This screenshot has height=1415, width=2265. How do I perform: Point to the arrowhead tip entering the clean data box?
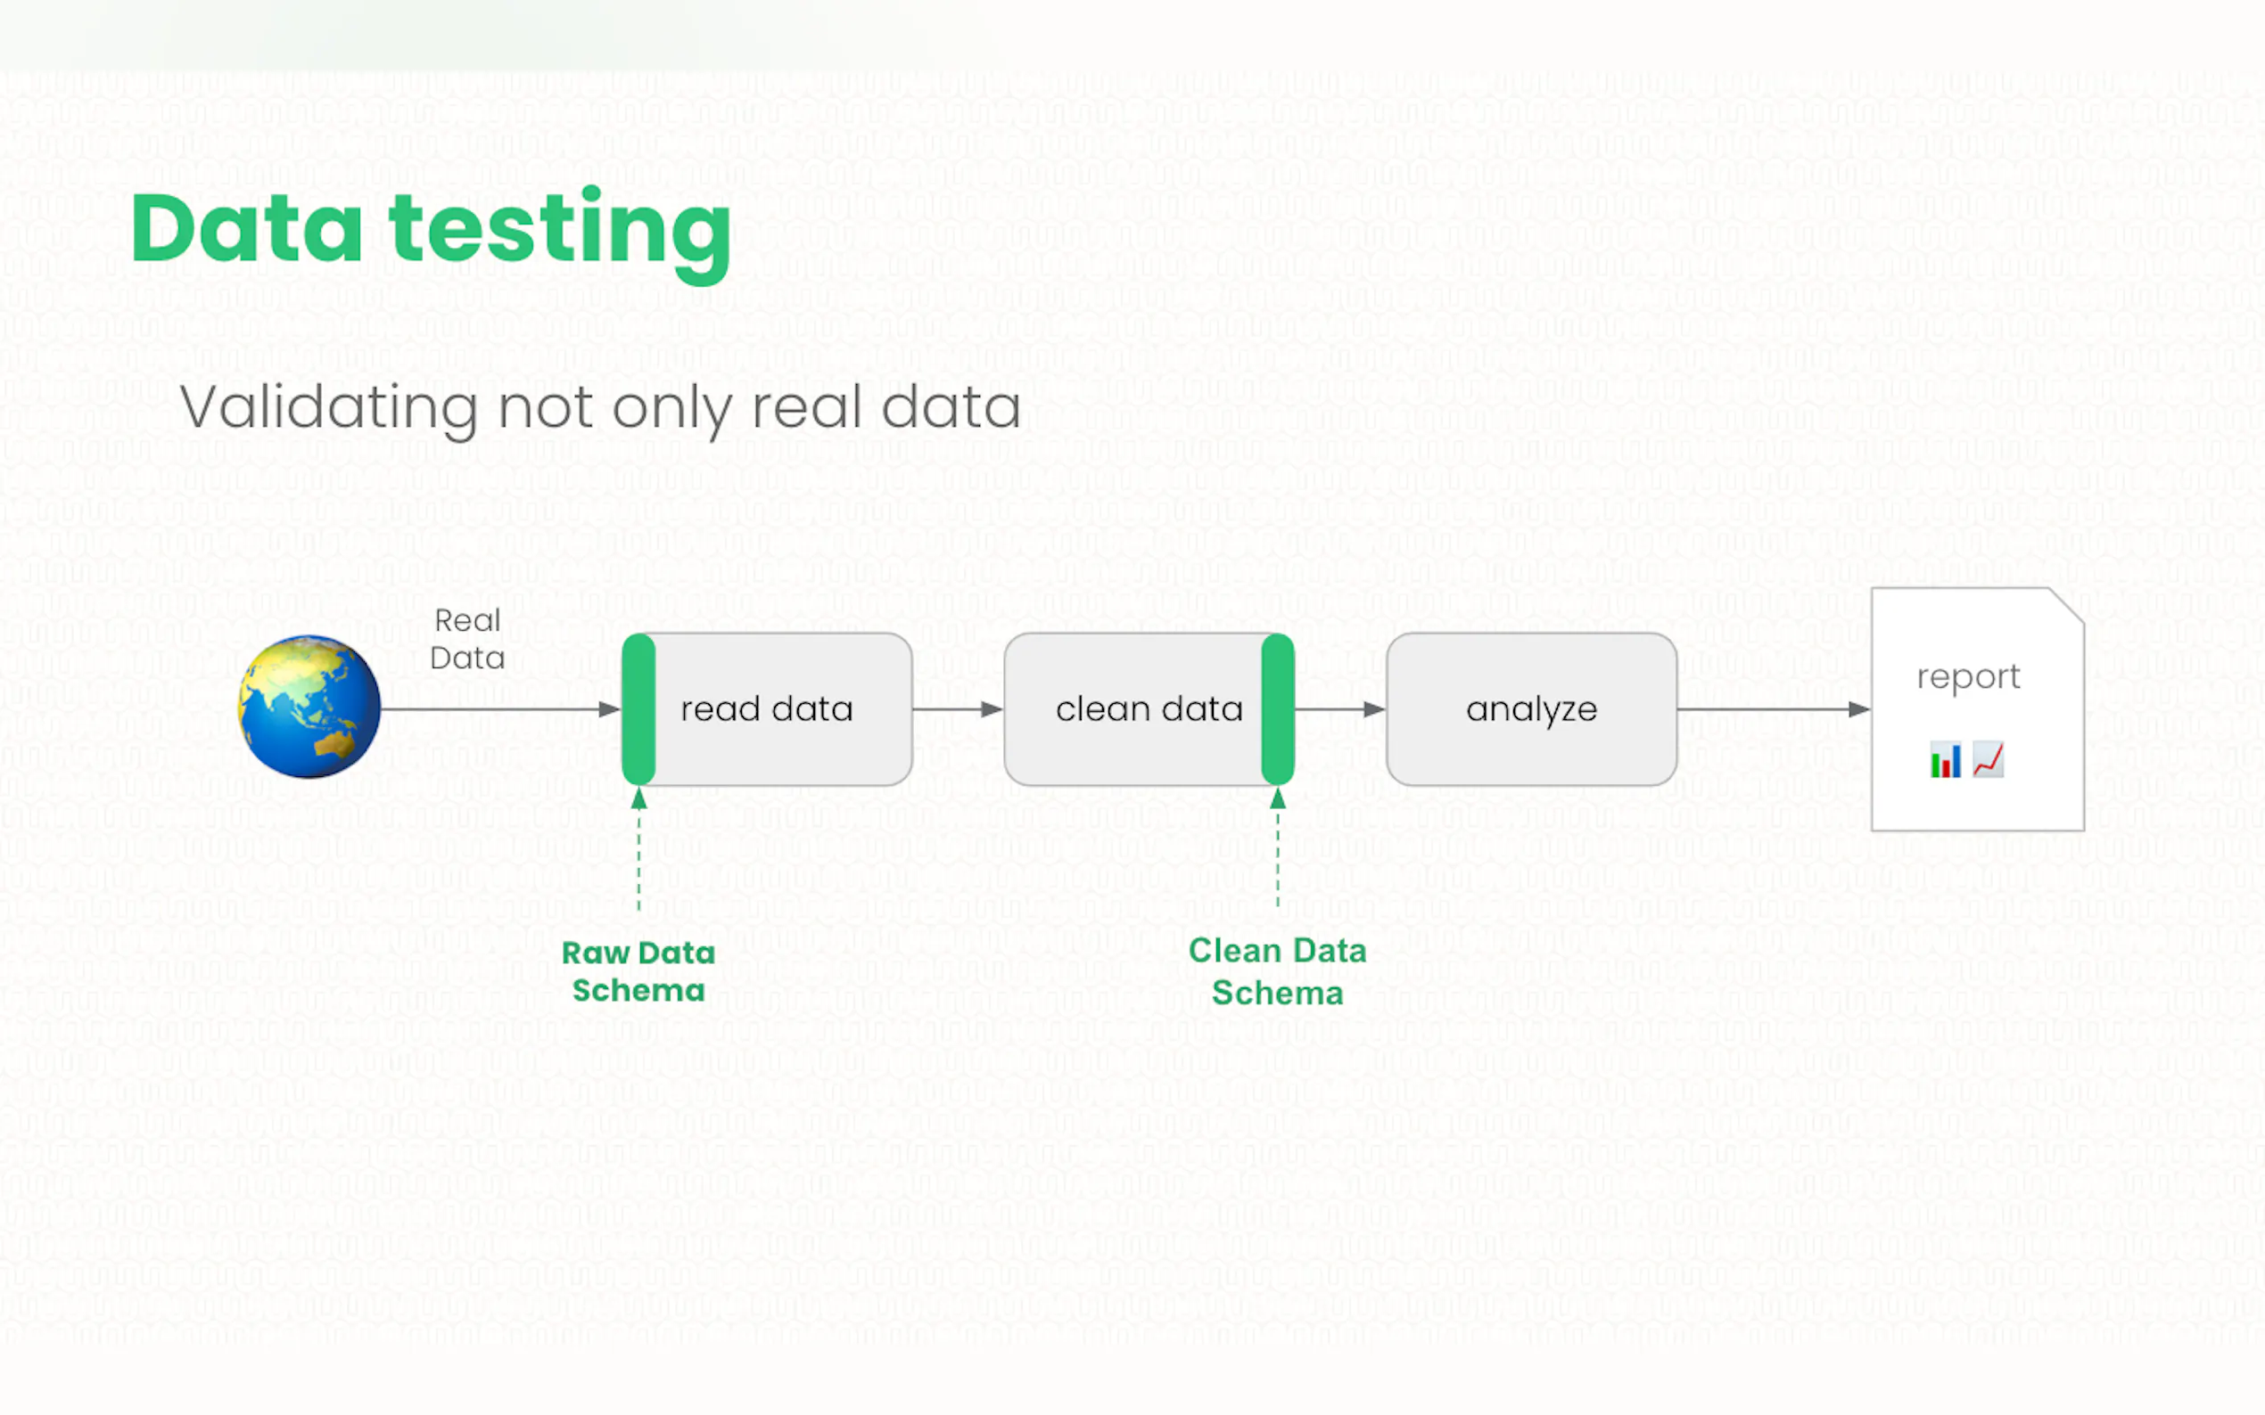(x=1004, y=709)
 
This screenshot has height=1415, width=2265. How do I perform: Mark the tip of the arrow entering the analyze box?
(x=1387, y=709)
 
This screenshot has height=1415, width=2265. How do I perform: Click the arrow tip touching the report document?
(x=1871, y=709)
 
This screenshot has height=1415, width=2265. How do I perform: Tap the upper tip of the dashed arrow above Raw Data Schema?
(x=638, y=787)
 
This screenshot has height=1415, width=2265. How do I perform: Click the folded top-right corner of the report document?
(x=2066, y=604)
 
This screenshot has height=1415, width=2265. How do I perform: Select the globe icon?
(x=309, y=707)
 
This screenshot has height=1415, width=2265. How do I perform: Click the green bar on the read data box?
(x=638, y=709)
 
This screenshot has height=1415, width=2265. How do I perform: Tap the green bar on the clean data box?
(x=1278, y=709)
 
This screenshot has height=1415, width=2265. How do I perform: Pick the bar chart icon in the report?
(x=1945, y=760)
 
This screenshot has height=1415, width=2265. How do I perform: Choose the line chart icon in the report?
(x=1988, y=760)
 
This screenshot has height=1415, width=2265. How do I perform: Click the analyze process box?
(x=1532, y=709)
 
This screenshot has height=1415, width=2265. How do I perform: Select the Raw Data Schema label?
(x=638, y=971)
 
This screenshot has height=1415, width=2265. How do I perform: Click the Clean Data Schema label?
(x=1278, y=971)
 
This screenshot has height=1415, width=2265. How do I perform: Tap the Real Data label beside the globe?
(x=467, y=639)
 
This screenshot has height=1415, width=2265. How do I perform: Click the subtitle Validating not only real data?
(x=600, y=409)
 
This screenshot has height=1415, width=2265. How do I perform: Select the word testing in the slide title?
(x=560, y=234)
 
